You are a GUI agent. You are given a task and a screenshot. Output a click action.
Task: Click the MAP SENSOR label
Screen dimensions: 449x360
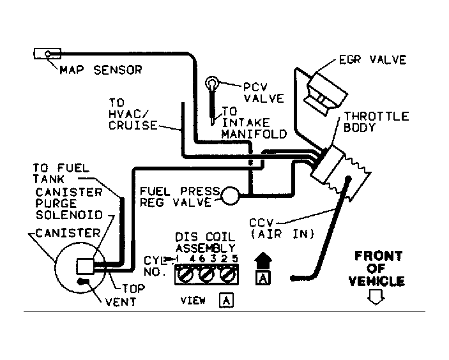point(101,70)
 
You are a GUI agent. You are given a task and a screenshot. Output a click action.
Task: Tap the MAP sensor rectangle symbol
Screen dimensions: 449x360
point(47,54)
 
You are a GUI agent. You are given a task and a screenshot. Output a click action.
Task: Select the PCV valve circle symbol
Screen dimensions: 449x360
point(212,84)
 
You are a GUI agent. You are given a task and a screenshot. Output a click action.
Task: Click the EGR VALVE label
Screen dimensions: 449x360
point(372,60)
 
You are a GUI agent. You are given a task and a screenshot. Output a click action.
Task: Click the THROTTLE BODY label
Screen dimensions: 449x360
point(376,122)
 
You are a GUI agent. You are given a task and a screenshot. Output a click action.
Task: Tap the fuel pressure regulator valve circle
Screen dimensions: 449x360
point(230,196)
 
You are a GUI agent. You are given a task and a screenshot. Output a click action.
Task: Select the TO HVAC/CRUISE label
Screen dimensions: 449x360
point(133,114)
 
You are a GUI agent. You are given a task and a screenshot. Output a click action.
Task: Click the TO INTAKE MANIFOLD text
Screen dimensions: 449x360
point(254,123)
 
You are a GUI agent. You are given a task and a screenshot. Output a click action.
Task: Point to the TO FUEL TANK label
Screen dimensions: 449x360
point(61,174)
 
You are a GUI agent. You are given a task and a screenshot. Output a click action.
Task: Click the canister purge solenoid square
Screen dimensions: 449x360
point(86,266)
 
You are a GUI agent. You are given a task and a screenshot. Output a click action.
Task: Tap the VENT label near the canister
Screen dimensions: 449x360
point(121,302)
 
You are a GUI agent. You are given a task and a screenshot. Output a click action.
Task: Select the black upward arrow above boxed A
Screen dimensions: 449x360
point(263,260)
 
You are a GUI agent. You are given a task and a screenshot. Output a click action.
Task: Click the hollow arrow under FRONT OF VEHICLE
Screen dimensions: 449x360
point(376,297)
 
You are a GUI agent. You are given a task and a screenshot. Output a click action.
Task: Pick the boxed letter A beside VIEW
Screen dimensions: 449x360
point(226,301)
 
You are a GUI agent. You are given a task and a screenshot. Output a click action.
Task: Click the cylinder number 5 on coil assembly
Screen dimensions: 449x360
point(235,259)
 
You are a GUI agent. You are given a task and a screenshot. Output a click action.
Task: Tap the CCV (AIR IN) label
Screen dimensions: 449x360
point(282,229)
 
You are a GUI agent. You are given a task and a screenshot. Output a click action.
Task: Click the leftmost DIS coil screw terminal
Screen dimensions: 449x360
point(185,275)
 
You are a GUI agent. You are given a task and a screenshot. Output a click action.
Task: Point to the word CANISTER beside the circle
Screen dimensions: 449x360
point(68,233)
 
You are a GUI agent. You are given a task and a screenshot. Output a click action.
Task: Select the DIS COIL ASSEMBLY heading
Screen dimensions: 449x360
point(205,242)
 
